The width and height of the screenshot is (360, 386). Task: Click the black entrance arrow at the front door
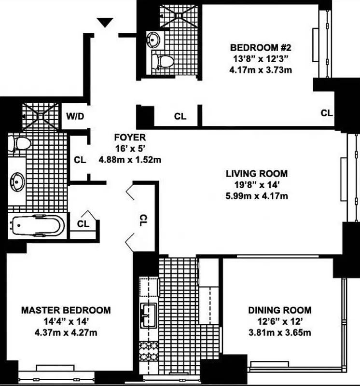(105, 22)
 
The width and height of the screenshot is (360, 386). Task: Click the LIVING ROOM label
(257, 173)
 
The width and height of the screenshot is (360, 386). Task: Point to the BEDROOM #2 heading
(261, 48)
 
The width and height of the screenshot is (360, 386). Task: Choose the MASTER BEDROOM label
(66, 310)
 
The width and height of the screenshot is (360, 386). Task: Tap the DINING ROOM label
(279, 310)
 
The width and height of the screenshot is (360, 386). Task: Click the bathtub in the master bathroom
(38, 226)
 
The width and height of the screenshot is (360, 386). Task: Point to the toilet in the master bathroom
(20, 143)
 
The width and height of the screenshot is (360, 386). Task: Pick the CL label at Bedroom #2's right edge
(327, 113)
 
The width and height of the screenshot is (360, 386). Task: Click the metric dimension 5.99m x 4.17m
(257, 195)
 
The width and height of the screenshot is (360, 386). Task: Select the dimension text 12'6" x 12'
(279, 321)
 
